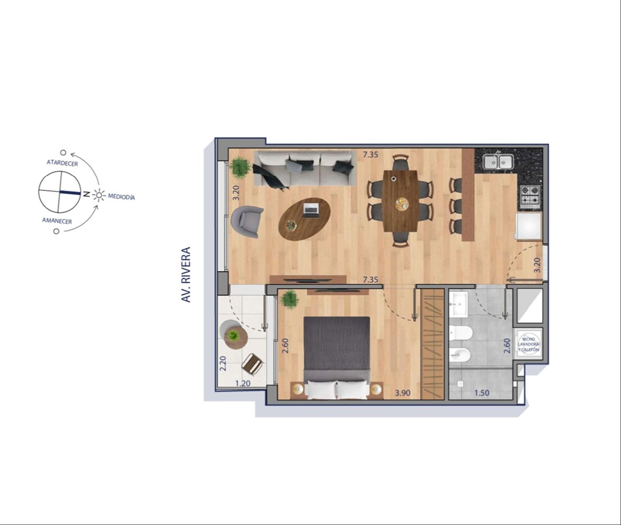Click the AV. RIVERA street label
click(x=186, y=275)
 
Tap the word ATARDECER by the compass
click(x=62, y=163)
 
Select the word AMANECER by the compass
click(x=57, y=221)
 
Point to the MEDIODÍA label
click(x=121, y=197)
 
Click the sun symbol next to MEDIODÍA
click(x=99, y=195)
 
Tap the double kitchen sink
click(x=498, y=161)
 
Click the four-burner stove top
click(x=530, y=197)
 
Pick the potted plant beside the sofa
click(x=240, y=168)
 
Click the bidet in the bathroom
click(x=460, y=355)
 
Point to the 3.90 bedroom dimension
click(x=402, y=393)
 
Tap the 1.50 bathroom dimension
click(x=481, y=393)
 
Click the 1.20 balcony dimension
click(x=243, y=384)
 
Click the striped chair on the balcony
click(x=252, y=364)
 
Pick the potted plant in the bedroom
click(x=289, y=299)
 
